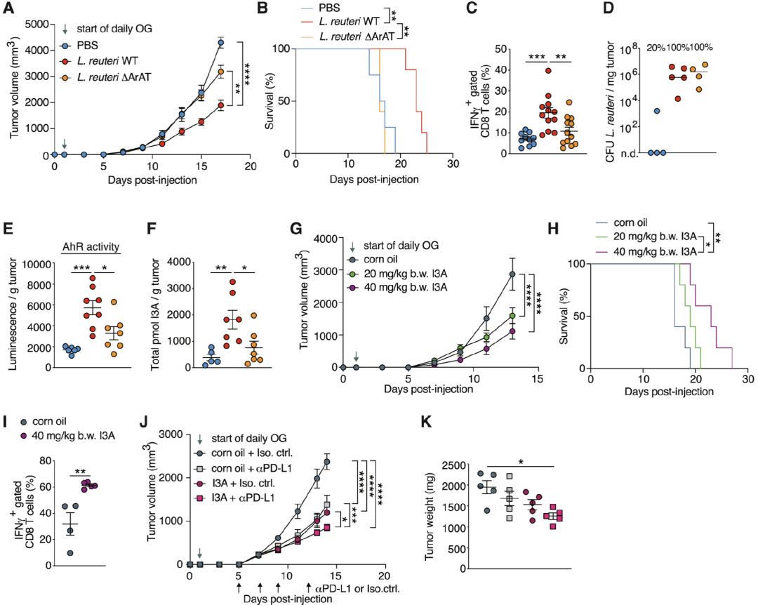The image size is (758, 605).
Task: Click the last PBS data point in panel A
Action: pos(220,43)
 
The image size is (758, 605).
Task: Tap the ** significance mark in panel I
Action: pos(81,472)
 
